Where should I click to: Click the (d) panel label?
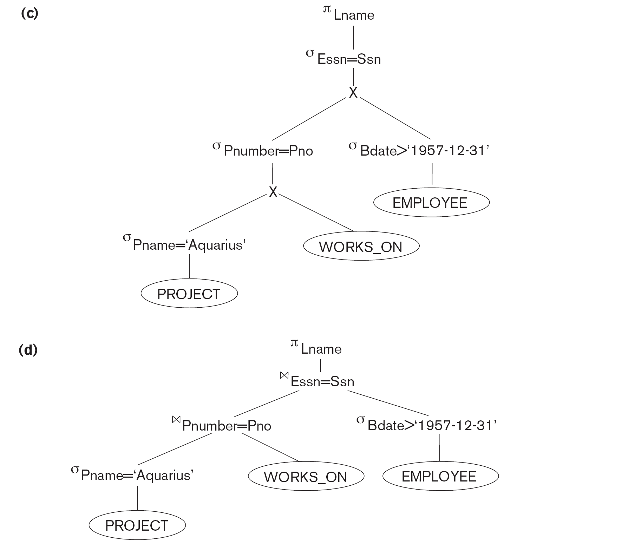click(28, 350)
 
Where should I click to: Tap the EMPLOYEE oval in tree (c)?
click(431, 203)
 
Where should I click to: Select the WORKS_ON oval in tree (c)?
click(361, 246)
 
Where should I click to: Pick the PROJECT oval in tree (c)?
click(189, 294)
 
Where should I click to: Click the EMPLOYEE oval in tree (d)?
click(440, 476)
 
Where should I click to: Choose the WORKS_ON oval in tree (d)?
click(306, 477)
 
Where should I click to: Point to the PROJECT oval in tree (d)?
click(137, 525)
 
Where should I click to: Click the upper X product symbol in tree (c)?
click(353, 93)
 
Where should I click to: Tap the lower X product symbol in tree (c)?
click(273, 192)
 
